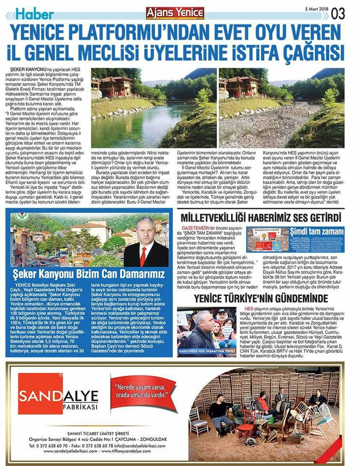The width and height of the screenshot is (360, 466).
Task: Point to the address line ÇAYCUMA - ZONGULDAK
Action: pyautogui.click(x=144, y=437)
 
